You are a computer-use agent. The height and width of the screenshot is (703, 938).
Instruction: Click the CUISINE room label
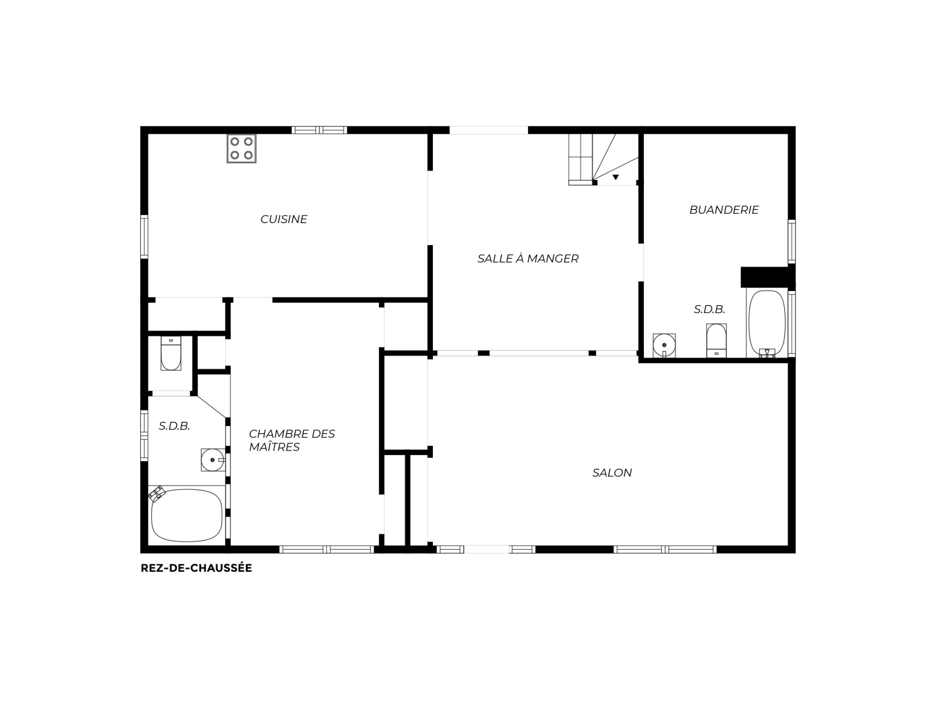284,219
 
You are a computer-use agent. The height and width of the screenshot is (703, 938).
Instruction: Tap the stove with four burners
241,148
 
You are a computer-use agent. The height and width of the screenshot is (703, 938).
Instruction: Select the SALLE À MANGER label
528,258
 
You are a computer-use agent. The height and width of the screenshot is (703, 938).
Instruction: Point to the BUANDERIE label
724,210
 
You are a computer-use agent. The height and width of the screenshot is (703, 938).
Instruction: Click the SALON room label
612,473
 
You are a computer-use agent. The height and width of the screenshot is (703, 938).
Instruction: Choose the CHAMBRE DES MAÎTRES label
292,440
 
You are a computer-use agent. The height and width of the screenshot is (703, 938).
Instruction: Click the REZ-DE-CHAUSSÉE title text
196,568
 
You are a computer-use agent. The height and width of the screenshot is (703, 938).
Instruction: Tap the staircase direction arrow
616,177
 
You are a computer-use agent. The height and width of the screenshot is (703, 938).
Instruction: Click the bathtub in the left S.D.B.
187,515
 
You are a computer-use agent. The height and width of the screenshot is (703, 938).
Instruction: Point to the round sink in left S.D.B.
213,459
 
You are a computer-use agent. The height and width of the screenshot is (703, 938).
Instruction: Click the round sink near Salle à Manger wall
664,346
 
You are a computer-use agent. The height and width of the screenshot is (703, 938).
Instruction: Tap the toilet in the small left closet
171,353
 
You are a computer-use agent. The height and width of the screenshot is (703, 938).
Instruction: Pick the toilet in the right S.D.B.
716,340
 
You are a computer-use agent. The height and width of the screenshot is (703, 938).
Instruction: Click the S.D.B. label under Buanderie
709,309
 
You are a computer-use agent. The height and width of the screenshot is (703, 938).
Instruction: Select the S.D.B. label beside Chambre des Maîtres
174,426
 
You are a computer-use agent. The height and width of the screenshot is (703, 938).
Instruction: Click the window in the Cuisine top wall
320,130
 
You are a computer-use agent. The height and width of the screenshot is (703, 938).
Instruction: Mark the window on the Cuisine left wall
144,236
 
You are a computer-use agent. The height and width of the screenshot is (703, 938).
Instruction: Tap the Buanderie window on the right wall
791,242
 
